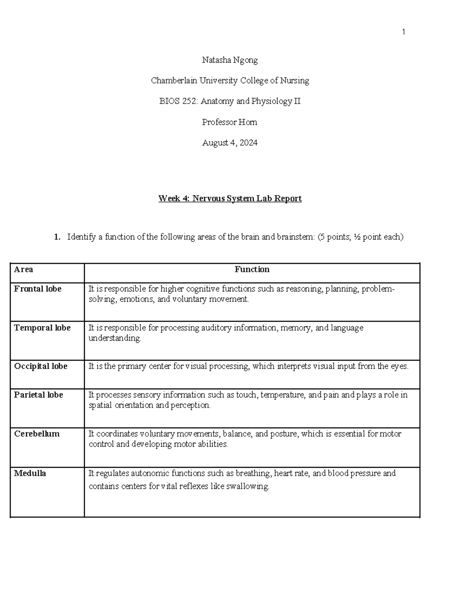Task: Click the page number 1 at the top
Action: (403, 32)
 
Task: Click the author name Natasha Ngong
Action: (230, 60)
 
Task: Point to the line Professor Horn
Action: (230, 122)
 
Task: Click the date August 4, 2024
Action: (230, 143)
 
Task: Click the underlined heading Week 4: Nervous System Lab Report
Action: (230, 198)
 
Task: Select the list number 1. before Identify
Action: (57, 237)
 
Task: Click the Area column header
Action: (23, 269)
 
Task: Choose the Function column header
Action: (252, 269)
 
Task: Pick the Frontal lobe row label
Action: (38, 289)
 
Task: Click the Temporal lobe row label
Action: (42, 328)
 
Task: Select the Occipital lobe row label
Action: (41, 366)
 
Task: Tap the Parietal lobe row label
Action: (38, 395)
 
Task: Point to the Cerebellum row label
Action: (37, 434)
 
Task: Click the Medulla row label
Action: (30, 473)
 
